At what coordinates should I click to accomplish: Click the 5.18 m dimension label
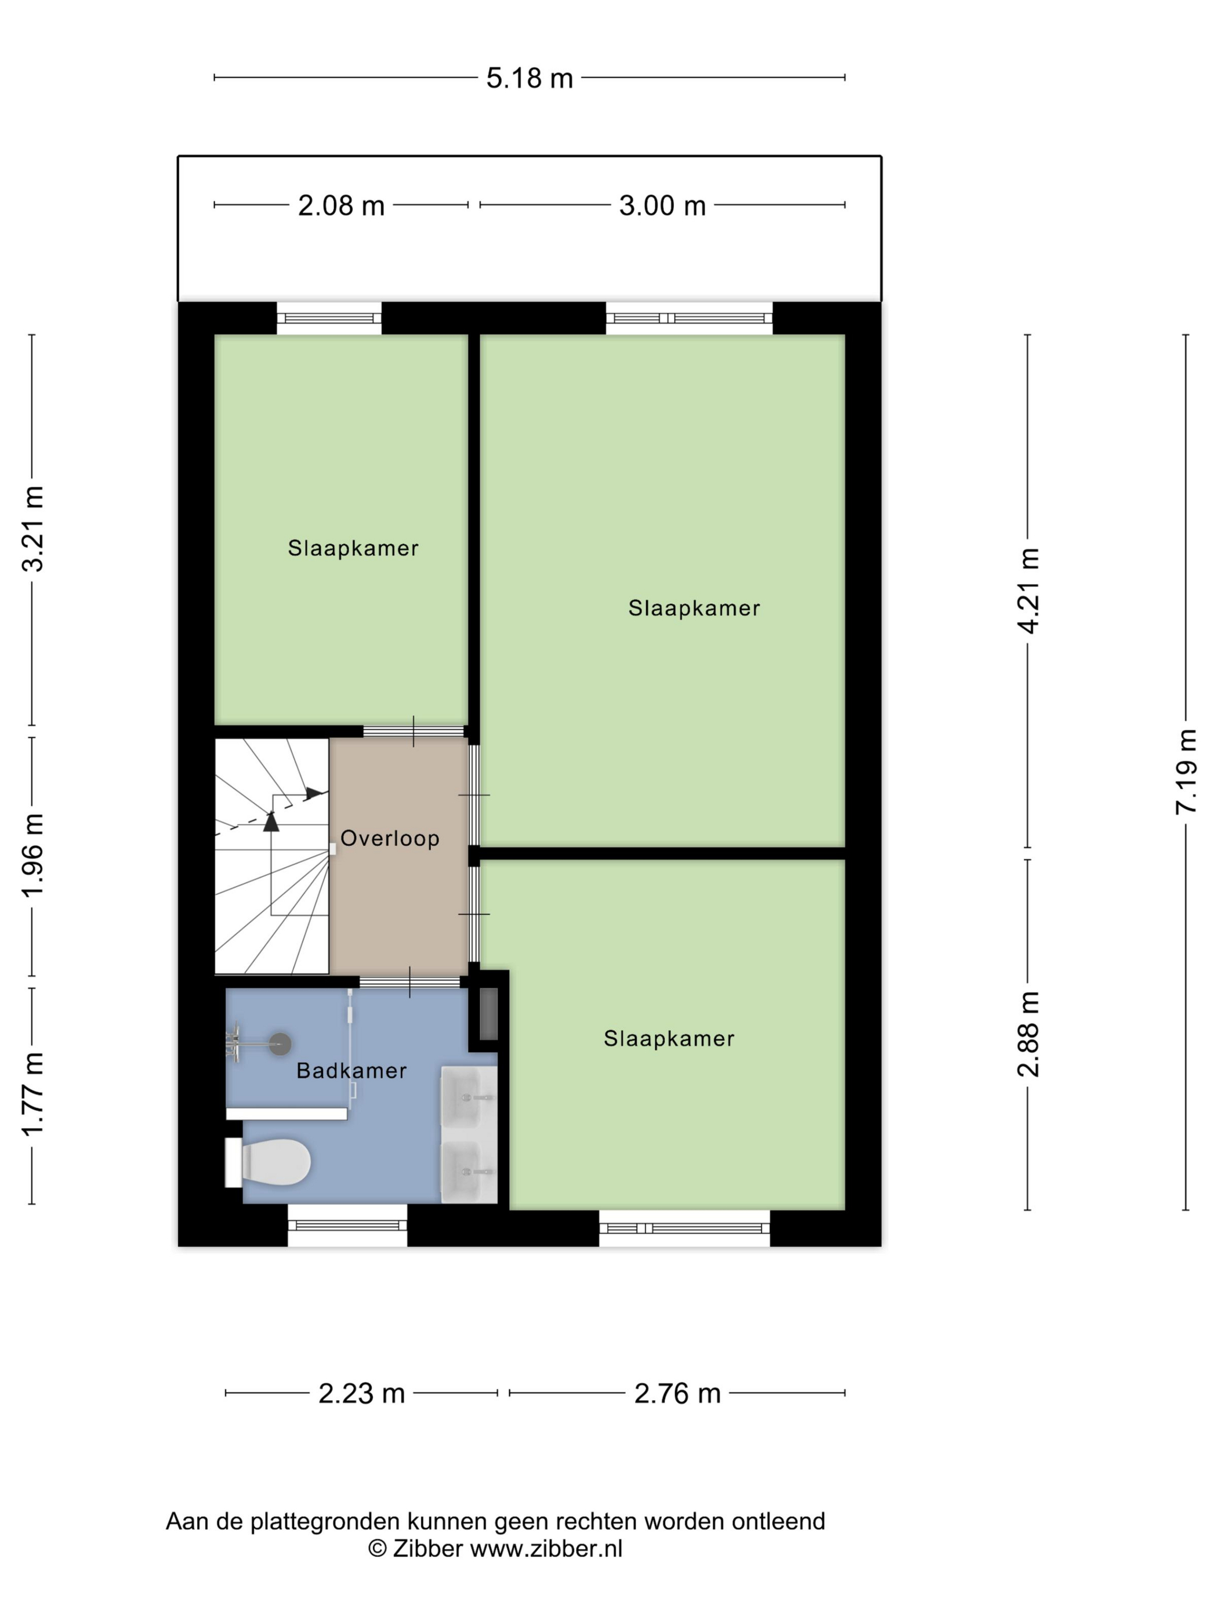click(x=530, y=78)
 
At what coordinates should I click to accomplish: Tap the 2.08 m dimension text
click(x=342, y=205)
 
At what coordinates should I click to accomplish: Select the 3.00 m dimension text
click(x=662, y=205)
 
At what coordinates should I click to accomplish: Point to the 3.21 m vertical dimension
click(x=34, y=528)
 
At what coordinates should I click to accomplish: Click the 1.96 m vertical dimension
click(x=34, y=855)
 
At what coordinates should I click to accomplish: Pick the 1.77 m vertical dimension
click(x=34, y=1094)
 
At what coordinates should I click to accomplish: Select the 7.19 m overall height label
click(x=1187, y=771)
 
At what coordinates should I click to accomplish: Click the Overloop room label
click(x=390, y=839)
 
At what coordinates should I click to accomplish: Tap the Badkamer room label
click(x=351, y=1071)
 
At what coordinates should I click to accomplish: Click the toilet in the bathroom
click(x=269, y=1162)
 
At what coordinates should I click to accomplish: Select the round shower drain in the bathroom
click(x=280, y=1044)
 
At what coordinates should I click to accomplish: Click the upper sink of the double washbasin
click(x=469, y=1097)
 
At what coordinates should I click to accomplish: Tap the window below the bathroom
click(x=347, y=1226)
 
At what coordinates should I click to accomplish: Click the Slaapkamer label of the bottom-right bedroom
click(x=669, y=1039)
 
